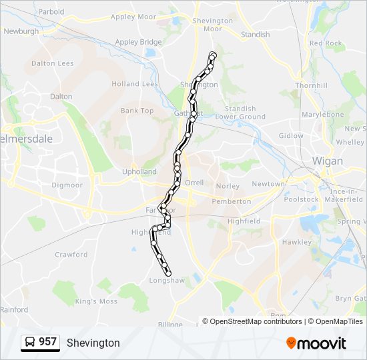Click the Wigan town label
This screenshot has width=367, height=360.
pyautogui.click(x=328, y=161)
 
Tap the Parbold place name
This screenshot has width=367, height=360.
pyautogui.click(x=51, y=11)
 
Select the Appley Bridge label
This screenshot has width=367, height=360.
pyautogui.click(x=139, y=42)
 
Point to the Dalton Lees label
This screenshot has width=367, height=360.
pyautogui.click(x=51, y=63)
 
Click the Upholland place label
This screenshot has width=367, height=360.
pyautogui.click(x=139, y=171)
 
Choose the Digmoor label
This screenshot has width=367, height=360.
pyautogui.click(x=67, y=185)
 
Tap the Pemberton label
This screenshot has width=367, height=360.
pyautogui.click(x=231, y=201)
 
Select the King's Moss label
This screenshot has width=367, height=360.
pyautogui.click(x=96, y=301)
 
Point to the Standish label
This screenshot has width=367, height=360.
pyautogui.click(x=255, y=34)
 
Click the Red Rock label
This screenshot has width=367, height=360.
pyautogui.click(x=326, y=43)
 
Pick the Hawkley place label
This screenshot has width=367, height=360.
pyautogui.click(x=297, y=242)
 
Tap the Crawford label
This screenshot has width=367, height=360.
pyautogui.click(x=71, y=255)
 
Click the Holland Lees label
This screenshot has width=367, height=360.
pyautogui.click(x=135, y=84)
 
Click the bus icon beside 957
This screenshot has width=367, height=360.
pyautogui.click(x=30, y=343)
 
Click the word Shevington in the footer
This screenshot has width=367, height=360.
pyautogui.click(x=93, y=343)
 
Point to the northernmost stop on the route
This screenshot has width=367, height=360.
pyautogui.click(x=213, y=55)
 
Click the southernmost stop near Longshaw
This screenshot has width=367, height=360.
pyautogui.click(x=168, y=273)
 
